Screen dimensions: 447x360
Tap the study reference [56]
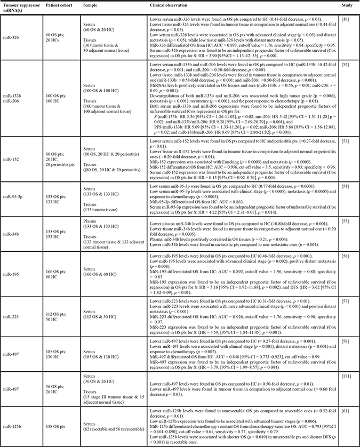tap(346, 256)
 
